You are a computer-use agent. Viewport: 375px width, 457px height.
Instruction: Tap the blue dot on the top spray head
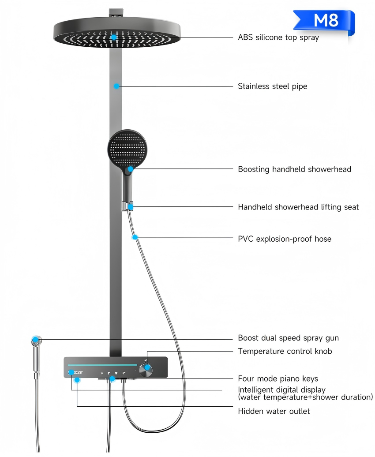click(x=114, y=37)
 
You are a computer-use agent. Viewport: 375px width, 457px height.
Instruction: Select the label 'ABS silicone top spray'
click(x=278, y=37)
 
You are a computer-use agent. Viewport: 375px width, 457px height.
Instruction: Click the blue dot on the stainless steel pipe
click(x=116, y=86)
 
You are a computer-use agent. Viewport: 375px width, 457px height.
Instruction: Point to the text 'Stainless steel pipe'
click(x=272, y=86)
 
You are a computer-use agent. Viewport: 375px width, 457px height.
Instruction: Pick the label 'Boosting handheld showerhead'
click(x=294, y=169)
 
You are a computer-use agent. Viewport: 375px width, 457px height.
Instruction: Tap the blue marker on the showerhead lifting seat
click(x=131, y=206)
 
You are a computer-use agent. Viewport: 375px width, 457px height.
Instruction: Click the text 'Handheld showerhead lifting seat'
click(x=298, y=207)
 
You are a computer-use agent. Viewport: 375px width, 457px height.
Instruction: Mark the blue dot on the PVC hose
click(x=135, y=237)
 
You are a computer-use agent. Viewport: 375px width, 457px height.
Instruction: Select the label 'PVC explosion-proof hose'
click(x=284, y=239)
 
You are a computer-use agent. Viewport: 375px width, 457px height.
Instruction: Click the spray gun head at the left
click(x=36, y=341)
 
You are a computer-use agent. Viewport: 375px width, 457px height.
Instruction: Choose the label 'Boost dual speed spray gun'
click(x=288, y=338)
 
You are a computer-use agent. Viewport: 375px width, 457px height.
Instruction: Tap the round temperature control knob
click(x=147, y=368)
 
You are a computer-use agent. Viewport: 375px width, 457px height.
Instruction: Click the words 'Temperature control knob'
click(x=285, y=351)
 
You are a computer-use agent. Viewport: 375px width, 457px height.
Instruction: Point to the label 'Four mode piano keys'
click(x=277, y=378)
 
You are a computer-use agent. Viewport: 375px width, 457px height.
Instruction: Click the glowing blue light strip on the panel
click(x=102, y=365)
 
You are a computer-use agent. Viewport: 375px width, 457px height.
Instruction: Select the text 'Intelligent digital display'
click(x=281, y=390)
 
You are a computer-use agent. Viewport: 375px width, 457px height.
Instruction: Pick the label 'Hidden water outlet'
click(x=274, y=411)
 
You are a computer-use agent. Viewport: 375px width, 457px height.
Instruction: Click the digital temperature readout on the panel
click(x=76, y=373)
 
